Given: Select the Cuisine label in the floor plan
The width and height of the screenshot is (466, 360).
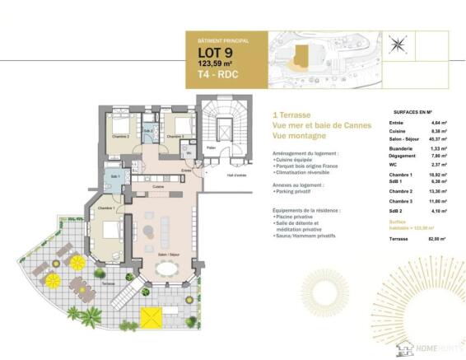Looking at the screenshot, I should pos(157,187).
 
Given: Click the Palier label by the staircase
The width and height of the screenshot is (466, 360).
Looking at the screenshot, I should pos(212,148).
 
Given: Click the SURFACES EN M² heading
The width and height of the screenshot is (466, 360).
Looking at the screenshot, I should pos(414,110).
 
